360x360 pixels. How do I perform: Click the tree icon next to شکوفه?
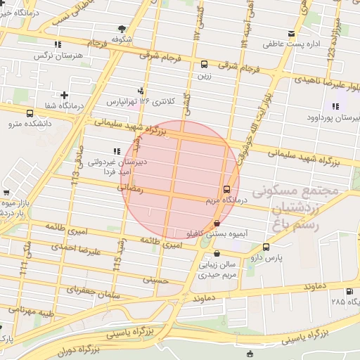[x=122, y=29]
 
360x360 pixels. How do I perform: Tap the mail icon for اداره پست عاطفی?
[x=292, y=34]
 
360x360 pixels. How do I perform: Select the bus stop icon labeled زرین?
[x=204, y=63]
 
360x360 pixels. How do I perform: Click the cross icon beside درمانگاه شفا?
[x=65, y=94]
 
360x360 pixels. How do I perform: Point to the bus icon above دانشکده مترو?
[x=30, y=113]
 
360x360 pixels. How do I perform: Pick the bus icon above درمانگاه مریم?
[x=226, y=189]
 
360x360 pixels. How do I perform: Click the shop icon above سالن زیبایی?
[x=216, y=254]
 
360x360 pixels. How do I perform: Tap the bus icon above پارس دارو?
[x=266, y=247]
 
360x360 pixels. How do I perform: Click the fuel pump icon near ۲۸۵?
[x=349, y=291]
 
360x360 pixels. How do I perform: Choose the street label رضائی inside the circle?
[x=133, y=188]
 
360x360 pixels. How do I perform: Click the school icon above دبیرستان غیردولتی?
[x=116, y=151]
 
